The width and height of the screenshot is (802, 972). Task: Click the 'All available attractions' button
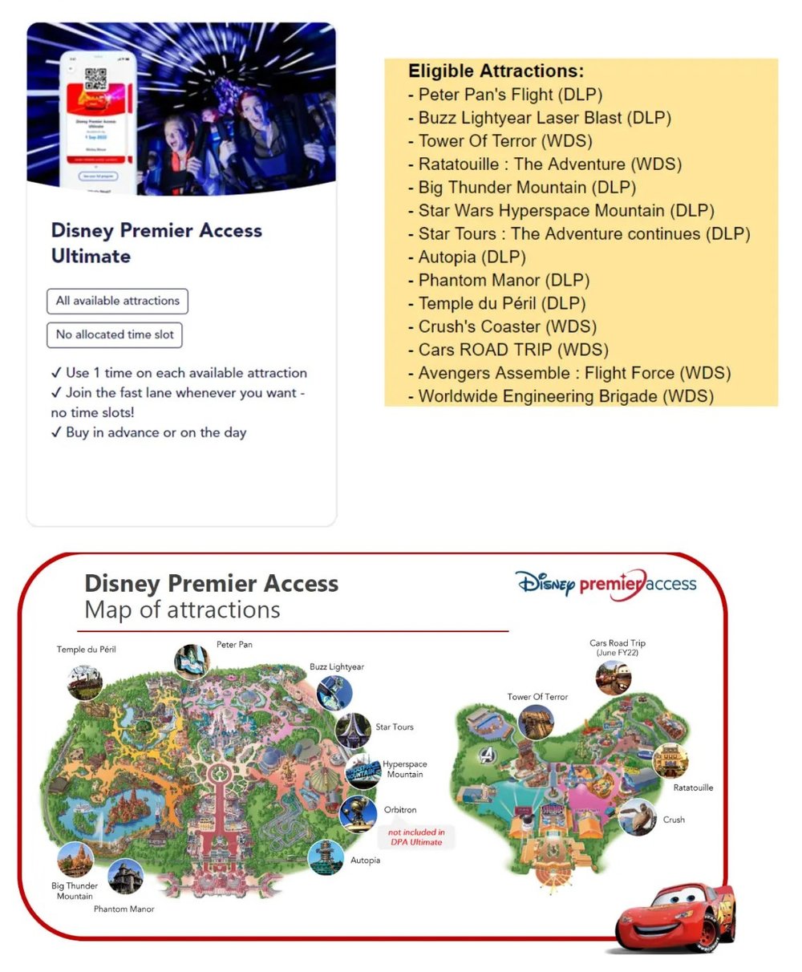pos(117,301)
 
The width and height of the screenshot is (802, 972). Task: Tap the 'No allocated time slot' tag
pos(115,334)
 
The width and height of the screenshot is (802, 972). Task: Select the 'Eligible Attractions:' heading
pos(496,71)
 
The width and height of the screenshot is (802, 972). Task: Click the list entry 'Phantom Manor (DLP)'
pos(504,281)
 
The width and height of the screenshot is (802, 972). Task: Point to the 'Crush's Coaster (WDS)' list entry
pos(507,327)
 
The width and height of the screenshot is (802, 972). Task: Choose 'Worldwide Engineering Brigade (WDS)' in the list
pos(565,396)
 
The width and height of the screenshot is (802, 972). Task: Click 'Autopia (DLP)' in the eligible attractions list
pos(472,257)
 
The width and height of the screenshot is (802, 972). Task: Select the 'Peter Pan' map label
pos(234,645)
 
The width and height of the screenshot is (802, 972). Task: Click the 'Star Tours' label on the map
pos(395,727)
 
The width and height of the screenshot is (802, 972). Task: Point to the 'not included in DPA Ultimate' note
pos(416,837)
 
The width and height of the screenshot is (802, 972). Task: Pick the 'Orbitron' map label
pos(400,810)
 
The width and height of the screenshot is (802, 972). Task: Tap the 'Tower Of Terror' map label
pos(537,697)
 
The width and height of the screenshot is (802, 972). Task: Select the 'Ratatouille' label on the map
pos(693,788)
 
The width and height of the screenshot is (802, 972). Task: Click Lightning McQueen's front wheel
pos(707,934)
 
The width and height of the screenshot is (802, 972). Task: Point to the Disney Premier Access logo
pos(606,584)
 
